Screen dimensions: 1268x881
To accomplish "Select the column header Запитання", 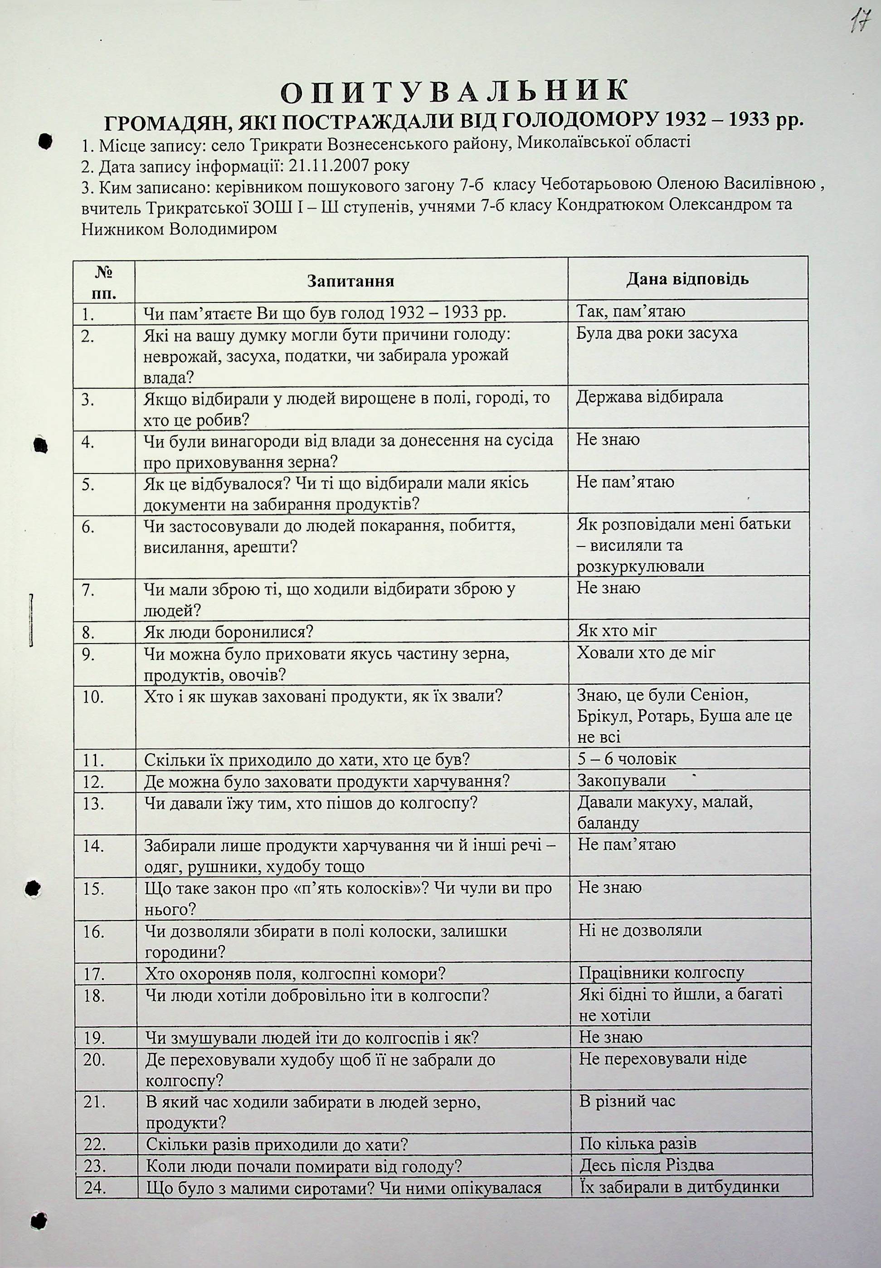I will click(x=350, y=281).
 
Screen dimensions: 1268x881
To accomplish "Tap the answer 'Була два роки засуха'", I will click(x=657, y=333).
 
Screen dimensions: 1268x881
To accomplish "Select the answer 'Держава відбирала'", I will click(x=650, y=397).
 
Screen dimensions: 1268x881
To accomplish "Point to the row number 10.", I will click(x=93, y=697).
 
